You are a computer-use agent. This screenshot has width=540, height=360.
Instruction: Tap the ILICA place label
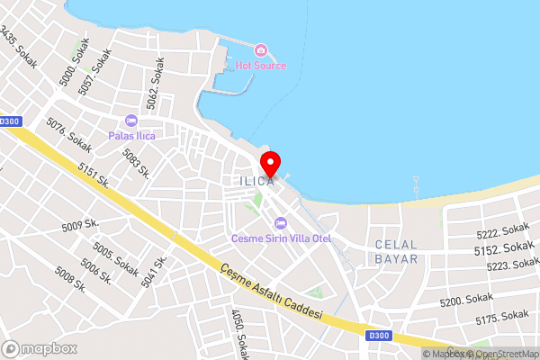point(256,181)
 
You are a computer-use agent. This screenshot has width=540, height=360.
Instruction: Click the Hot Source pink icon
point(261,50)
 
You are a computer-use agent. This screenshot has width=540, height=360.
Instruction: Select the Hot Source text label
point(261,66)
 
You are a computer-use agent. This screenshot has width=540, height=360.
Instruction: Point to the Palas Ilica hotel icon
point(132,121)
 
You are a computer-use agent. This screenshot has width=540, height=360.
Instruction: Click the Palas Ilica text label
point(132,136)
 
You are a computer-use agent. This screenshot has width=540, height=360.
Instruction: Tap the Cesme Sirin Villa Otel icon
point(281,222)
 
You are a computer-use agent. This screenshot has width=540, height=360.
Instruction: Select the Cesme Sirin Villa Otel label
point(282,238)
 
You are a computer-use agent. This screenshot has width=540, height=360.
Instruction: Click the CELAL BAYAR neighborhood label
point(396,251)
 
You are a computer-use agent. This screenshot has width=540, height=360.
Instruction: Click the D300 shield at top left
point(10,121)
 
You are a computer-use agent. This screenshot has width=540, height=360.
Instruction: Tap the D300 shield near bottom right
point(379,335)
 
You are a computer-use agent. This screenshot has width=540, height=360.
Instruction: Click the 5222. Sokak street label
point(502,231)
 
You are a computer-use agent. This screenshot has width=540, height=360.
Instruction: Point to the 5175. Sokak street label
point(501,317)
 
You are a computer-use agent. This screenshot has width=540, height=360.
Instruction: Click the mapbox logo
point(39,348)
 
